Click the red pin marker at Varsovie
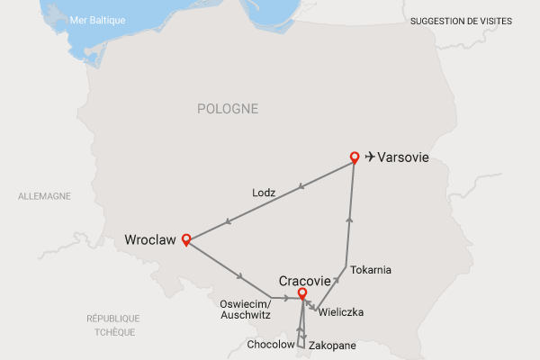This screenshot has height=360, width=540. coord(355,157)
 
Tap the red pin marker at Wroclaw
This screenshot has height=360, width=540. coord(186,239)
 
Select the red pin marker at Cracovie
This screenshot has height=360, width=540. coord(302,292)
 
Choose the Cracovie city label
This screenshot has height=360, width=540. coord(306,279)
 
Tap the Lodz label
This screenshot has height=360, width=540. coord(264,193)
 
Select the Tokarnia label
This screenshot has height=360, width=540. coord(371,269)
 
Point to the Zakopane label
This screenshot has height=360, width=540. coord(332,345)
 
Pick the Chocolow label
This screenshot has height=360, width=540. coord(271,345)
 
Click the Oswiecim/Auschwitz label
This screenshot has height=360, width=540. coord(244,310)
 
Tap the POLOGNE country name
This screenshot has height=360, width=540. coord(227,109)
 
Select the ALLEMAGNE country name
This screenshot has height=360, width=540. coord(44,196)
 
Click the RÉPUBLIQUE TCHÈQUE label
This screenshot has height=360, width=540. coord(112,325)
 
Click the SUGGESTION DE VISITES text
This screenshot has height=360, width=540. coord(460,20)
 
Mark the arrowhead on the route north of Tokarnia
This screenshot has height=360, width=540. coord(349,220)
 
